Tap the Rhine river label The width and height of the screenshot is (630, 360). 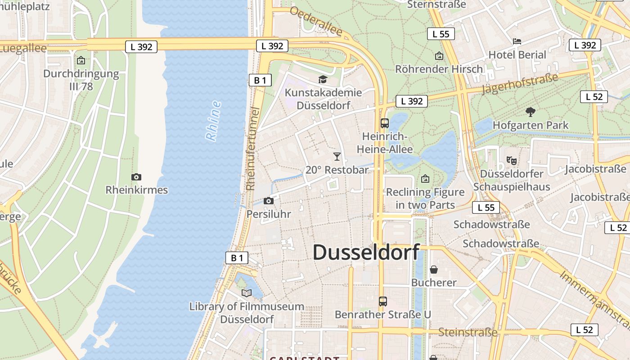tap(214, 121)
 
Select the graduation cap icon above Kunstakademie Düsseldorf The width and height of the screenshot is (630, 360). tap(323, 80)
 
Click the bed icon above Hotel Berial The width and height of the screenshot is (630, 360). tap(517, 41)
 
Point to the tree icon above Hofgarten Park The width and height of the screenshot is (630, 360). tap(531, 112)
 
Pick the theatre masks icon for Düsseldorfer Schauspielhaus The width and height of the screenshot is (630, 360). tap(511, 160)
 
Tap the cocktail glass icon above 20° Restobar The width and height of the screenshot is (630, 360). tap(337, 157)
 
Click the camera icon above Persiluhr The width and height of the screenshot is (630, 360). tap(269, 201)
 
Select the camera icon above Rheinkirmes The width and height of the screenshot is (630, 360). tap(136, 177)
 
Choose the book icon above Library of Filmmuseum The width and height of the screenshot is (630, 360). tap(246, 293)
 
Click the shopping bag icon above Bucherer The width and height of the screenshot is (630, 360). tap(434, 270)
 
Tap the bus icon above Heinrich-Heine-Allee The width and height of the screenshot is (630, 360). tap(385, 123)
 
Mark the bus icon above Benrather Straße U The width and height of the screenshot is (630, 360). tap(383, 301)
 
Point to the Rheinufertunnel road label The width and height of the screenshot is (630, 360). tap(253, 148)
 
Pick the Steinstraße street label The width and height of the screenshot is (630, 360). tap(468, 333)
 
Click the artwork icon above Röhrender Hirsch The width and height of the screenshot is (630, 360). tap(439, 56)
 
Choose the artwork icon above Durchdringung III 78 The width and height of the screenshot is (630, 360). tap(81, 60)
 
